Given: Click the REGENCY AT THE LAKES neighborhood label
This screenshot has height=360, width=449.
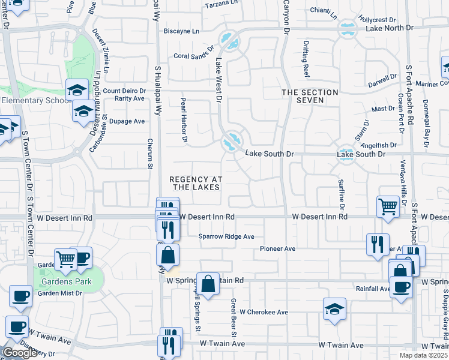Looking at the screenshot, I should (196, 183).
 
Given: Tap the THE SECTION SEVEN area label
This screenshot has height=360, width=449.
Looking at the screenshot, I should (301, 96).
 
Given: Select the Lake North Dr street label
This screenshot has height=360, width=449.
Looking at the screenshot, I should (390, 28).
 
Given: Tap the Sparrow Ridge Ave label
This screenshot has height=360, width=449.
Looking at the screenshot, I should (227, 236).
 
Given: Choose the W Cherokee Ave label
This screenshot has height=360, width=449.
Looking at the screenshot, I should (264, 313).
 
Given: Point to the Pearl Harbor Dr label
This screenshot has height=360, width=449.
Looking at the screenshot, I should (184, 121).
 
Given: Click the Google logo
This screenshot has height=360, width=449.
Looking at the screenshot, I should (20, 353).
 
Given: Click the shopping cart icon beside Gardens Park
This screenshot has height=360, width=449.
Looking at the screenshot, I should (65, 259).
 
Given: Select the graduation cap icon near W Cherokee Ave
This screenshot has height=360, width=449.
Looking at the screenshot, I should (334, 309).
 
